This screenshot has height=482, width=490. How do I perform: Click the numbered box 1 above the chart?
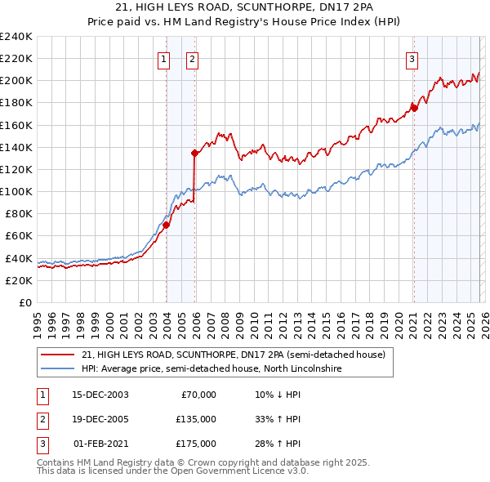click(164, 59)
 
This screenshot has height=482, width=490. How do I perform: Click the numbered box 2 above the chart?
click(192, 59)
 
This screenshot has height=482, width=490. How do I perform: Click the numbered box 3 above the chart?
click(412, 59)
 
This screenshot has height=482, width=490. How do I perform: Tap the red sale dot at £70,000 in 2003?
click(166, 225)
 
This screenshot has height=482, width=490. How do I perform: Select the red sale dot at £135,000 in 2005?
click(194, 152)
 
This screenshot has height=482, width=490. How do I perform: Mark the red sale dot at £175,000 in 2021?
click(414, 107)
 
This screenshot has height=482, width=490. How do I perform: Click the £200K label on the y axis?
click(16, 80)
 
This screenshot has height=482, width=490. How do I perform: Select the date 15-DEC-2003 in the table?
click(100, 395)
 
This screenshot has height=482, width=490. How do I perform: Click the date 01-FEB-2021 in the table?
click(100, 444)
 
